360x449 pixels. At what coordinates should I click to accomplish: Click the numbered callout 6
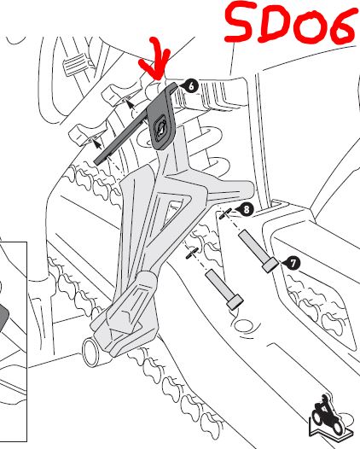tap(192, 86)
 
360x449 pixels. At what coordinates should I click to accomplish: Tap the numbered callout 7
tap(293, 263)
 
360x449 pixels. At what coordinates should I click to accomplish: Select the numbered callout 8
tap(247, 209)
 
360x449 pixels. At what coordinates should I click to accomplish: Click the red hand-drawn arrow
tap(156, 60)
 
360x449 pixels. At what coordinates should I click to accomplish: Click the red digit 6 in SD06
tap(344, 27)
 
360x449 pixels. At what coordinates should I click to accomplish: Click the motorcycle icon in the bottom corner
tap(329, 415)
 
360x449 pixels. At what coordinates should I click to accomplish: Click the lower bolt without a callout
tap(224, 289)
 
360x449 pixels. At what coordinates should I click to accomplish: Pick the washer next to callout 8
tap(225, 213)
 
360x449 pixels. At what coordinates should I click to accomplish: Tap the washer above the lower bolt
tap(192, 254)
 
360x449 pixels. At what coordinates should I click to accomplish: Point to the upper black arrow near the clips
tap(131, 105)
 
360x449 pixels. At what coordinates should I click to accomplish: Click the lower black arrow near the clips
tap(97, 143)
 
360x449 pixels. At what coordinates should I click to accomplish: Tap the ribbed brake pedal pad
tap(76, 65)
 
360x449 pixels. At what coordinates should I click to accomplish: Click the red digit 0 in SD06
tap(311, 26)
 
